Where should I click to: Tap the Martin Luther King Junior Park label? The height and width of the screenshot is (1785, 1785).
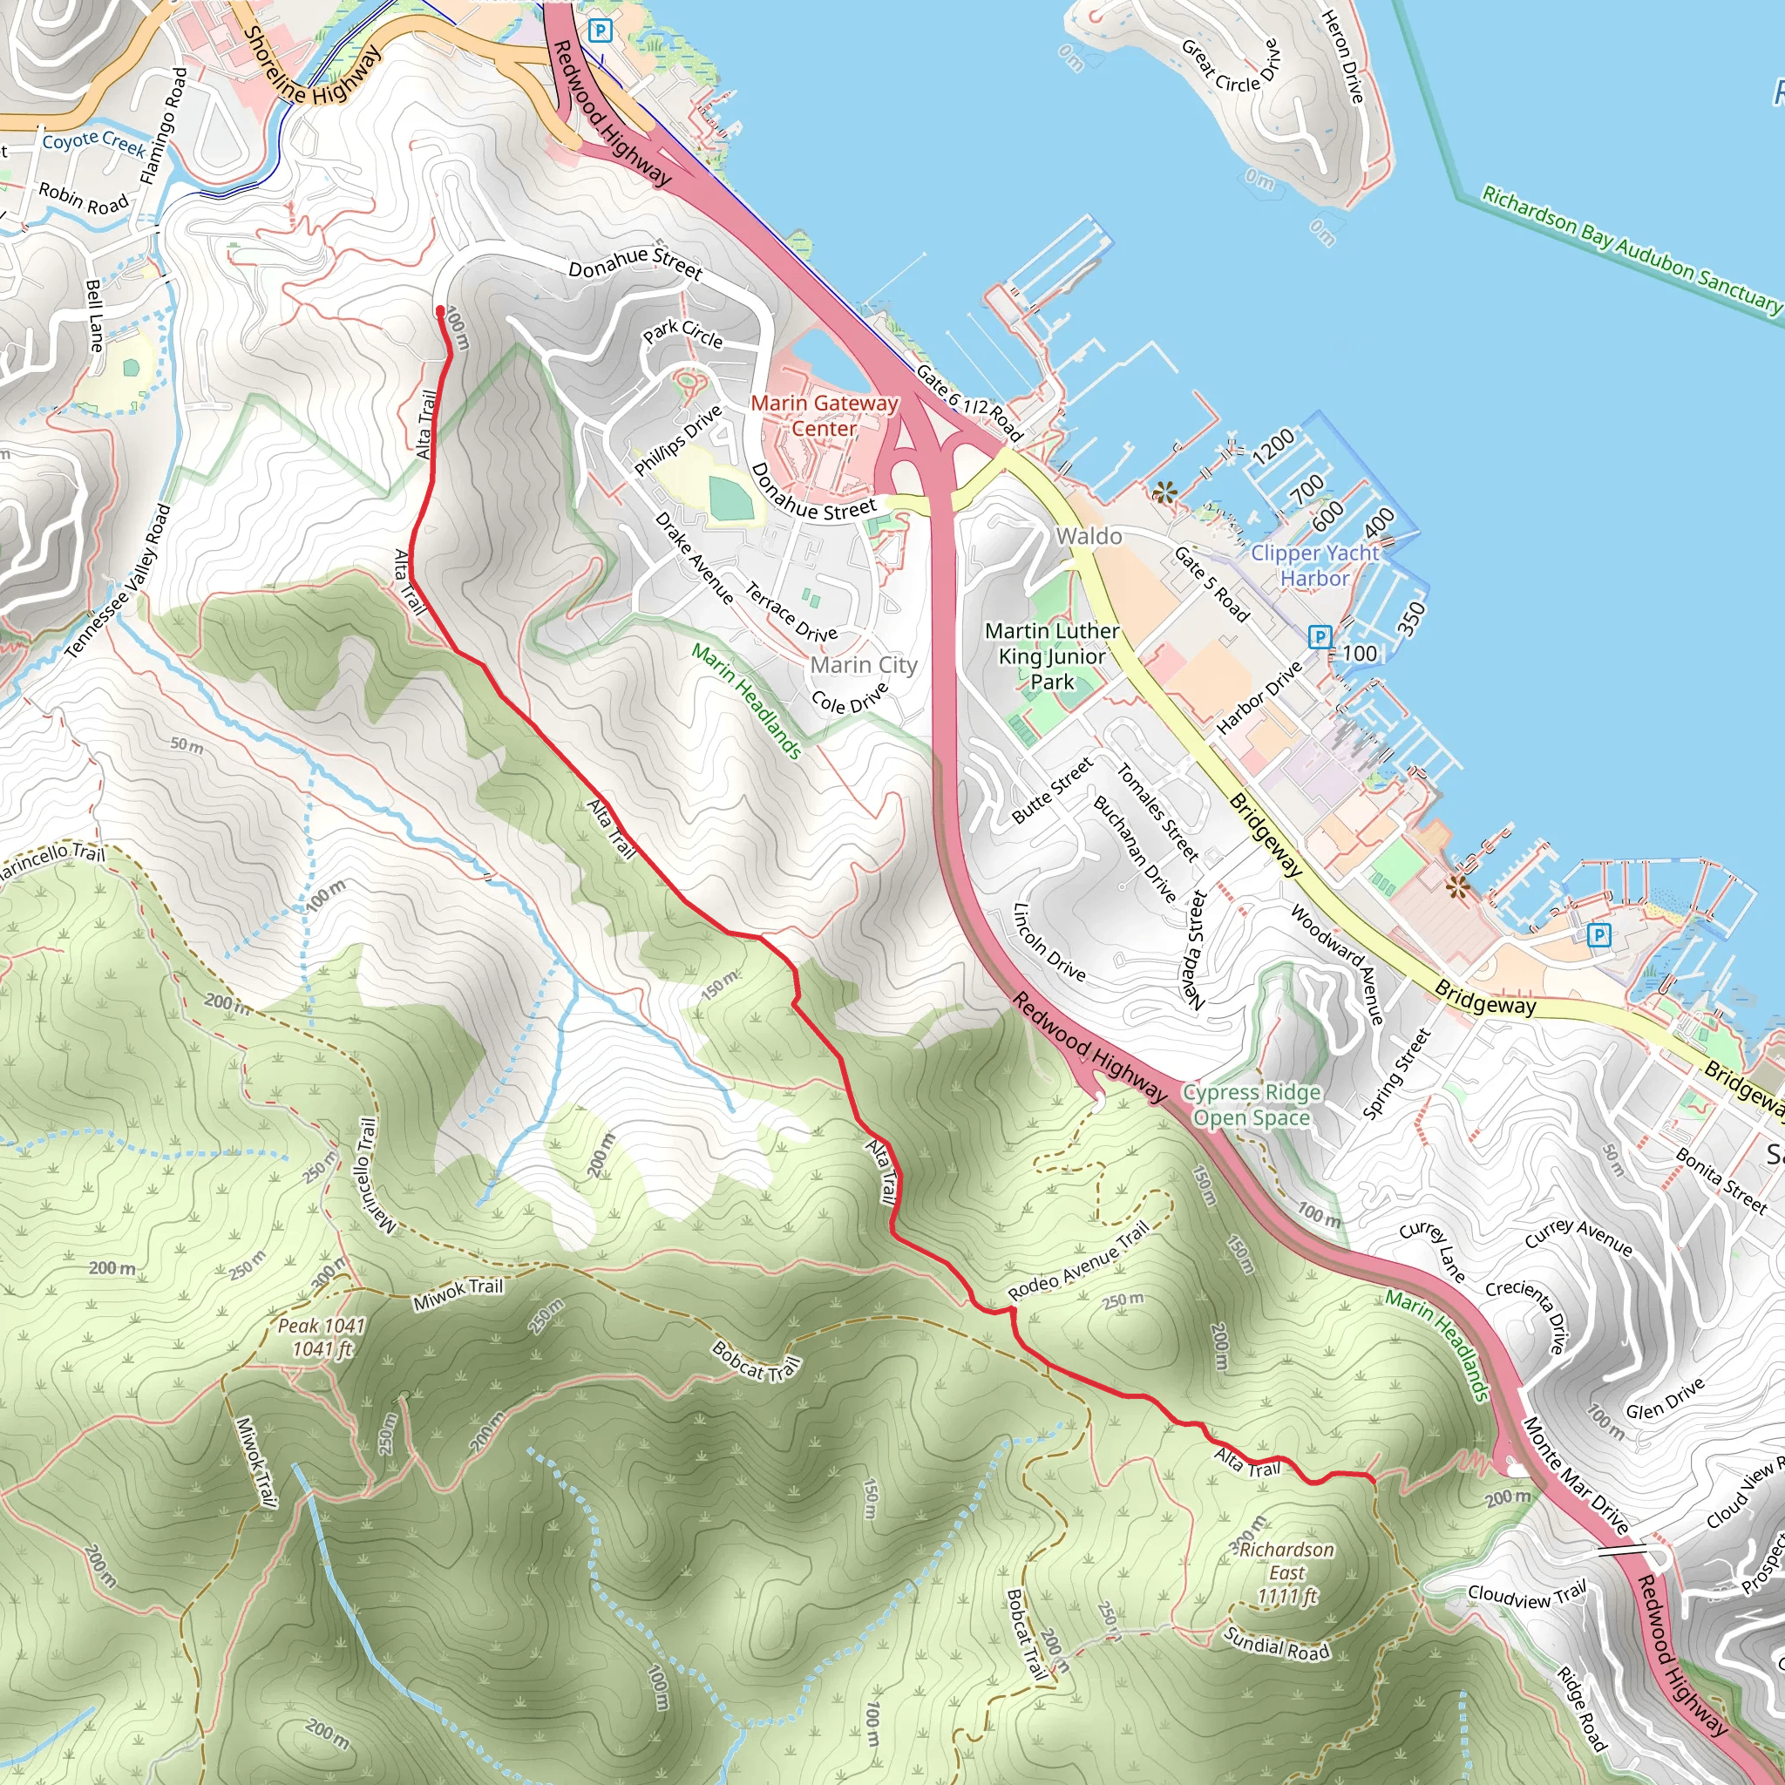1051,656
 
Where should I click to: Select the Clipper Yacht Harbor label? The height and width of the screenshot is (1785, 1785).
1313,566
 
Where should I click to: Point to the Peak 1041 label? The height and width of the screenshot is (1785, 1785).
322,1337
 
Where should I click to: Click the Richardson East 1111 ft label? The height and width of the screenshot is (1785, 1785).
1286,1572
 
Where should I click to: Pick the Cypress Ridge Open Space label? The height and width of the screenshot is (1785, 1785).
1251,1105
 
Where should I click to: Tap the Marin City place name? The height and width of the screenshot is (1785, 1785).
864,665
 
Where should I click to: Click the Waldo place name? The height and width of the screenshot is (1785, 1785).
1089,537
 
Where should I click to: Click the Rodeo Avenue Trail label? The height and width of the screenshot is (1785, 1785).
1078,1260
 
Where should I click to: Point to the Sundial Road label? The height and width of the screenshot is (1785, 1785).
1277,1643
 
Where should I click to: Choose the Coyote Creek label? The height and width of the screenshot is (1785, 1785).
93,142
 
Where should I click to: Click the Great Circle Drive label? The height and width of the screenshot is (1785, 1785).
1232,65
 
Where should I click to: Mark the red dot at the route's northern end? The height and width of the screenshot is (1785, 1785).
441,311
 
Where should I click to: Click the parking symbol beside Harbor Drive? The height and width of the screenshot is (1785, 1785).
1320,636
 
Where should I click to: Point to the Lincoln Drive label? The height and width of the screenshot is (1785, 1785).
1049,942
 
